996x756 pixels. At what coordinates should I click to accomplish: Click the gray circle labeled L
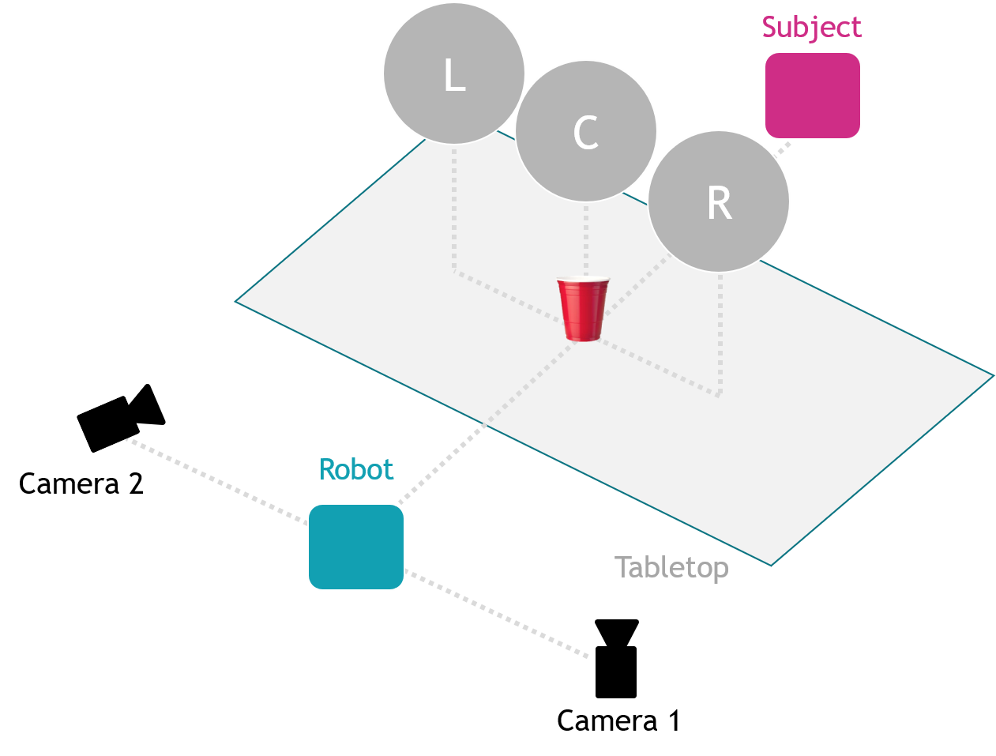tap(453, 73)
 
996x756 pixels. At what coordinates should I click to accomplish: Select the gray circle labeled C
tap(585, 131)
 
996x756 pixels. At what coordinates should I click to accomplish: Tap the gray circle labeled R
tap(719, 201)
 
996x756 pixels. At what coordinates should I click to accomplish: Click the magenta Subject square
tap(812, 96)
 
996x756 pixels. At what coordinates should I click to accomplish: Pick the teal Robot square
tap(355, 547)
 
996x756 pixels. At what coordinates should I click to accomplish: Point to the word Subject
tap(811, 28)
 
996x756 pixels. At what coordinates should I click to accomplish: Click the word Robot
tap(355, 470)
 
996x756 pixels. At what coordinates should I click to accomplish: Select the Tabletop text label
tap(671, 567)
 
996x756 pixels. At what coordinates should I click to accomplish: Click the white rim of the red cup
tap(583, 280)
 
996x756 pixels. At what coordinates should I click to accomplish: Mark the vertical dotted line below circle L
tap(454, 209)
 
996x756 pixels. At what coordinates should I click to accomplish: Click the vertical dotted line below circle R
tap(720, 332)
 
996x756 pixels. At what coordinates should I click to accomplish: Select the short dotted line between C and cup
tap(585, 237)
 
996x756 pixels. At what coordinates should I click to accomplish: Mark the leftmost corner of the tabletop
tap(237, 301)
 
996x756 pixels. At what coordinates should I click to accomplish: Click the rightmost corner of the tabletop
tap(992, 376)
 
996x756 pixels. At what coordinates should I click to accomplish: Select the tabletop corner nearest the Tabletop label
tap(770, 564)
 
